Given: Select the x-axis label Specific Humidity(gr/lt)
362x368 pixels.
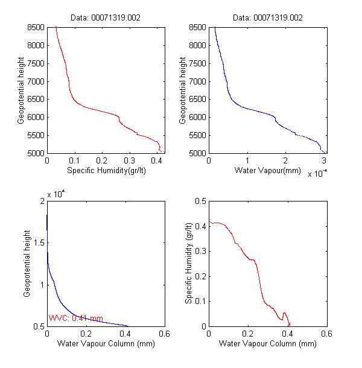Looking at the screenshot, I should pos(106,171).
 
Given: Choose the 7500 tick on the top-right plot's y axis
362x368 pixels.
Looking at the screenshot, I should pos(196,63).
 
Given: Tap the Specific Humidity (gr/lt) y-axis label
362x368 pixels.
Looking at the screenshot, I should pos(188,264).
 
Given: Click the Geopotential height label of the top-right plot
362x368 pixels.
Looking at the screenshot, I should pos(182,90).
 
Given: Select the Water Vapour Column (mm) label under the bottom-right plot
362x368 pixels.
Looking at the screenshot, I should pos(267,344).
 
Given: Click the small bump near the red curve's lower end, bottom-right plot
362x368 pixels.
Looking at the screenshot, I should pos(285,314).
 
